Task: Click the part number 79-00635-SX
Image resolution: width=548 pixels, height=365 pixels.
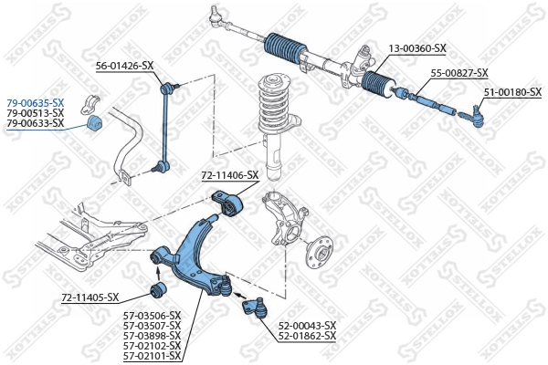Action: (x=35, y=102)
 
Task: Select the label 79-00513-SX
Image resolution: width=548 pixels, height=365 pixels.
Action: (x=35, y=112)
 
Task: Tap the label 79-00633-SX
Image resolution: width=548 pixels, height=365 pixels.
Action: (x=35, y=122)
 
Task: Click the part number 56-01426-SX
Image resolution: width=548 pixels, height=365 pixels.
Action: (x=125, y=66)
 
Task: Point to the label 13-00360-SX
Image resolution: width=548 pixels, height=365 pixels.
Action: (x=416, y=47)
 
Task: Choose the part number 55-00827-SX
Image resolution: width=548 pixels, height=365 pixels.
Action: (x=459, y=73)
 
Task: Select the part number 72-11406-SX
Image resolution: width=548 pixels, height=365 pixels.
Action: (x=230, y=174)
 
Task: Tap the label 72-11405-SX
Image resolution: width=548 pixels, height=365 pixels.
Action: (x=90, y=297)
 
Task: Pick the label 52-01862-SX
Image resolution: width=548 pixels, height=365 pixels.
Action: (x=308, y=336)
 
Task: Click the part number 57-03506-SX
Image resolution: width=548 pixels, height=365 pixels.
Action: (x=152, y=316)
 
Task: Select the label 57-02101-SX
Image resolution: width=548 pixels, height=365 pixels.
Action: (x=152, y=356)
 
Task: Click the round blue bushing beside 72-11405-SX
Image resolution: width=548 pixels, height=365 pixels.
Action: (x=156, y=291)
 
